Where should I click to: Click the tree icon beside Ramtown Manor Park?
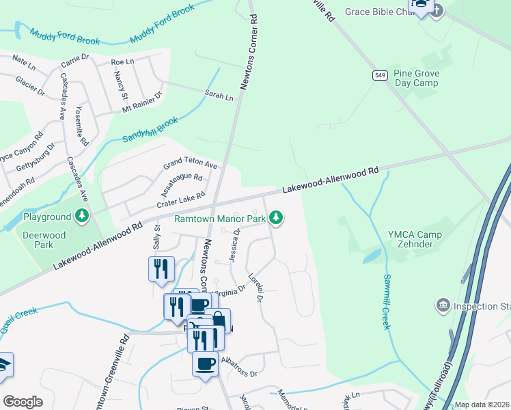[276, 218]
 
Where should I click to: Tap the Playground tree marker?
[82, 217]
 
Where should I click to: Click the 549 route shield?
[381, 75]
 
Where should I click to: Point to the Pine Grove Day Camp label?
[417, 78]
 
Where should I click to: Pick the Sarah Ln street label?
[219, 94]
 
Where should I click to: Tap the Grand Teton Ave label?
[189, 165]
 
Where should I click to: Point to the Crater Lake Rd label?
[181, 199]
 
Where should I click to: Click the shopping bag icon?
[218, 319]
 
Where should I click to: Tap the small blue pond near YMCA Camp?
[372, 256]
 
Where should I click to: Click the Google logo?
[23, 402]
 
